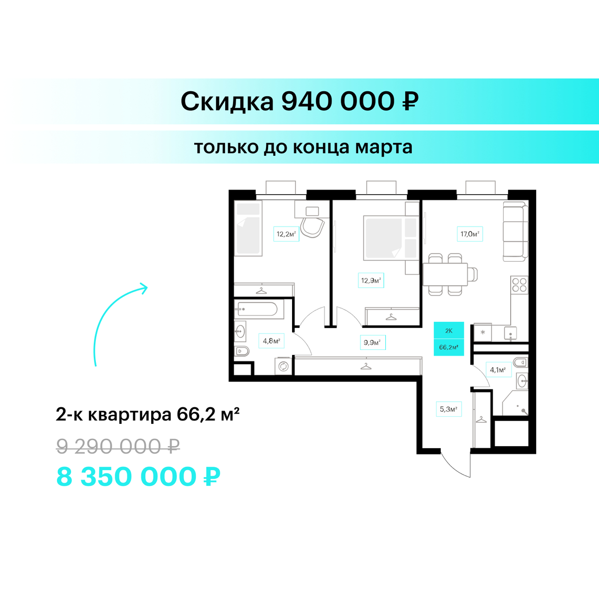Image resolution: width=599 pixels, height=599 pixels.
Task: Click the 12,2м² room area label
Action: [286, 234]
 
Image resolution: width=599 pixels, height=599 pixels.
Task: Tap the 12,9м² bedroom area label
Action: [371, 281]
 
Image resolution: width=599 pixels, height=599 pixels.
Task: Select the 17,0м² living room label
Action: [470, 234]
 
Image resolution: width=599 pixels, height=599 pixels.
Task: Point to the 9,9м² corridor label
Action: [373, 342]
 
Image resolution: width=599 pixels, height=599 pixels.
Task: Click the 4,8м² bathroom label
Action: [272, 341]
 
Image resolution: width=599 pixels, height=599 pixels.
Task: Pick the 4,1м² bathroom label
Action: [498, 369]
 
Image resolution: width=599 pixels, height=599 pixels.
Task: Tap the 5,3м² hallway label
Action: [449, 409]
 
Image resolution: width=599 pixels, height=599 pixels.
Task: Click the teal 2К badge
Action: [449, 330]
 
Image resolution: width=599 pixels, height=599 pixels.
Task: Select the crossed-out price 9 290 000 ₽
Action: [118, 446]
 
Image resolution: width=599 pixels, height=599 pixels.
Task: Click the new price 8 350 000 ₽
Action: [138, 477]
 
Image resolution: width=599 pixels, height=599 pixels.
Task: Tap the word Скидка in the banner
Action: [227, 102]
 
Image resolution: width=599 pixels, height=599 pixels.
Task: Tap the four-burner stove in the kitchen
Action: [519, 285]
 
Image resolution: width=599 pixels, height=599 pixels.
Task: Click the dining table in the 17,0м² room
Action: [445, 275]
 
